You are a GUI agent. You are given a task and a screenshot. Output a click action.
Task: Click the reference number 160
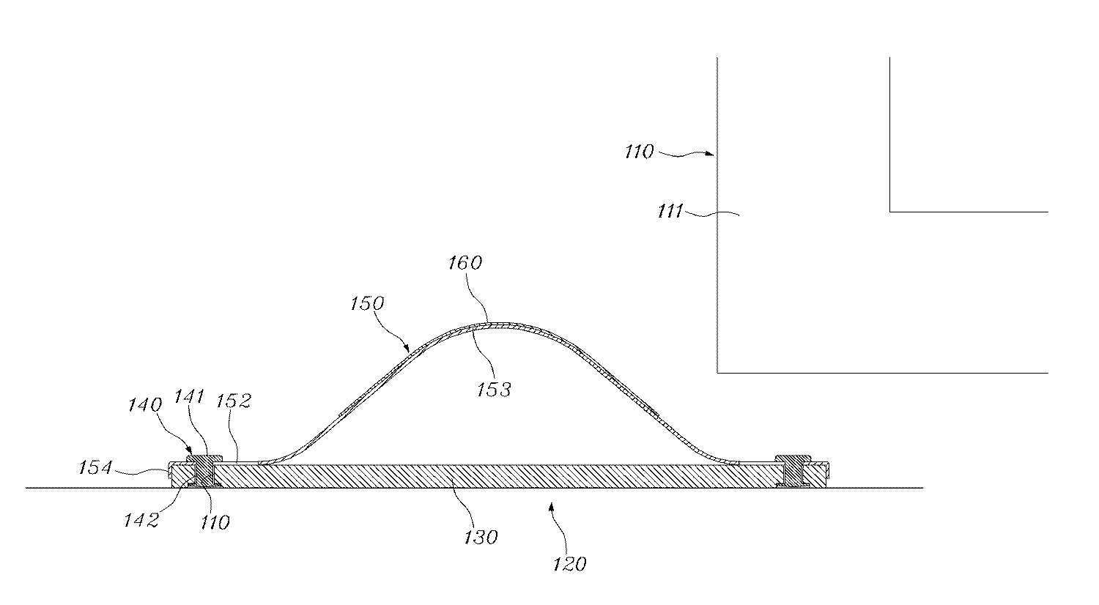(465, 262)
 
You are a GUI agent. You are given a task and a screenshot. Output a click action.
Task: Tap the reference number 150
(369, 302)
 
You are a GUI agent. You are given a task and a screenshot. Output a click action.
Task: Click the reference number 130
(480, 537)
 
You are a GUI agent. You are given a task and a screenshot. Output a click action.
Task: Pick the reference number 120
(571, 563)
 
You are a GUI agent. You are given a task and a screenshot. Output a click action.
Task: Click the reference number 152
(235, 401)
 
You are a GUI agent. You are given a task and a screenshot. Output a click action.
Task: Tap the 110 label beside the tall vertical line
(639, 152)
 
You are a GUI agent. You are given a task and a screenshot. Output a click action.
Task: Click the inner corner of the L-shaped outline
(890, 212)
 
